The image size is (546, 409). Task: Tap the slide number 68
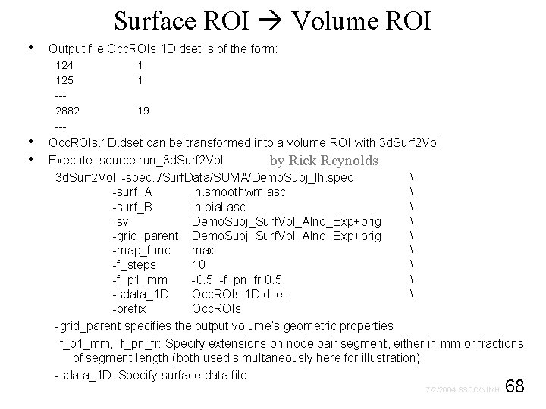coord(515,387)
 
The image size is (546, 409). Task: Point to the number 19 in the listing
coord(143,111)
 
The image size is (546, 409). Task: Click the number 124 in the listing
coord(64,65)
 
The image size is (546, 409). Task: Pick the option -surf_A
coord(132,192)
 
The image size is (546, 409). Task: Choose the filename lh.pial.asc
coord(218,207)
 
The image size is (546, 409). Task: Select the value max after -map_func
coord(202,250)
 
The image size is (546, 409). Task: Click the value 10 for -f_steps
coord(199,265)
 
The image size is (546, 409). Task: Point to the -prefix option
coord(129,309)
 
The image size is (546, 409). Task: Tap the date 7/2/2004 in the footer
coord(440,391)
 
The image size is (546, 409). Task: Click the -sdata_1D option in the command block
coord(140,294)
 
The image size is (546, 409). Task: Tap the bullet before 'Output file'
coord(29,48)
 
